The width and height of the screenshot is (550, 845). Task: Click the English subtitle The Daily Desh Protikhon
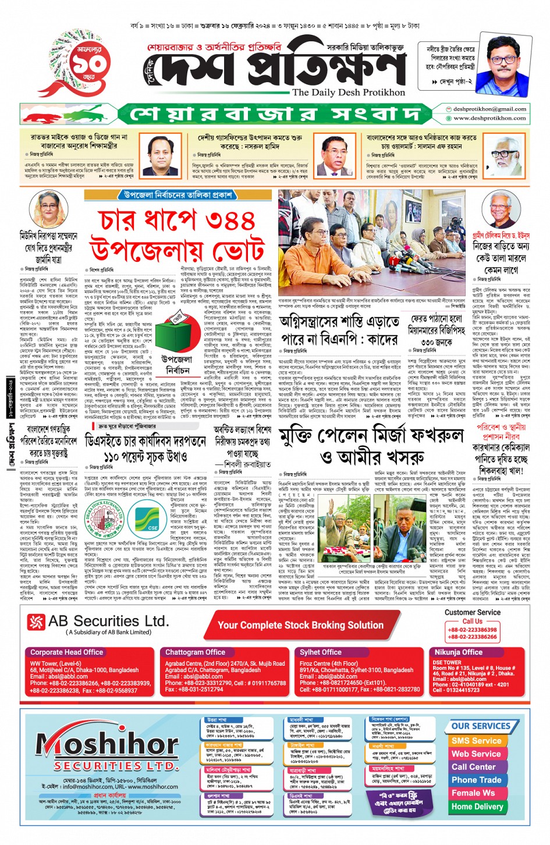click(348, 92)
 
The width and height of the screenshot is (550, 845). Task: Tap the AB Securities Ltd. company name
click(108, 621)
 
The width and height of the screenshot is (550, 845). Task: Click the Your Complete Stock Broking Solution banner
click(300, 625)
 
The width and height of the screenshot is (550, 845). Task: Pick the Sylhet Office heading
click(320, 652)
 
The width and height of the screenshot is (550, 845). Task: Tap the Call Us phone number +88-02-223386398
click(472, 630)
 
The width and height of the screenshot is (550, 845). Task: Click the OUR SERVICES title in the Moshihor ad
click(481, 726)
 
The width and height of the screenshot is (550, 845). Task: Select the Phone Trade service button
click(476, 780)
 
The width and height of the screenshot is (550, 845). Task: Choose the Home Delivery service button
click(477, 807)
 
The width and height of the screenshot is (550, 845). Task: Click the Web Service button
click(476, 754)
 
